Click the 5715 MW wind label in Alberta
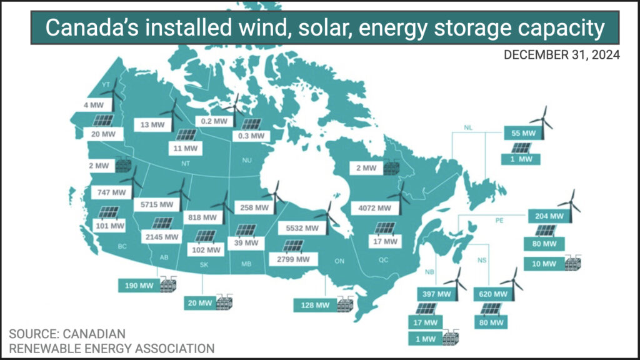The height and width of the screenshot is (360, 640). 157,204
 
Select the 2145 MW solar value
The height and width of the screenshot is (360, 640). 162,237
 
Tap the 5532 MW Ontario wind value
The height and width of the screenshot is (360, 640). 302,228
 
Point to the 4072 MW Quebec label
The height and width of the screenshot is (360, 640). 375,207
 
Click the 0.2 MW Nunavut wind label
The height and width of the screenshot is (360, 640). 214,121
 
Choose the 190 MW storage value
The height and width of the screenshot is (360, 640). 139,286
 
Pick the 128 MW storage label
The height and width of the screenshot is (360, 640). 315,305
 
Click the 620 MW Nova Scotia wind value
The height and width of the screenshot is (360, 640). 493,294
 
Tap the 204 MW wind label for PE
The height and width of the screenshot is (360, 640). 549,216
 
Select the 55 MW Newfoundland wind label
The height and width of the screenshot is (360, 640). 523,133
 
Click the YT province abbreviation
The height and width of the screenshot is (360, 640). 106,85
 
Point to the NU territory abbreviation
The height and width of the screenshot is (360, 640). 247,161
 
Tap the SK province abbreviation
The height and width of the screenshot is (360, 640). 204,265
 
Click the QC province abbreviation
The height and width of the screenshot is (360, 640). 383,260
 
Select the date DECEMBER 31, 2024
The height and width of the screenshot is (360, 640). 562,55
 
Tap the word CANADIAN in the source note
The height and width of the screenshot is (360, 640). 94,334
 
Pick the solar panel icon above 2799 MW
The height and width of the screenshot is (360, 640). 293,246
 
